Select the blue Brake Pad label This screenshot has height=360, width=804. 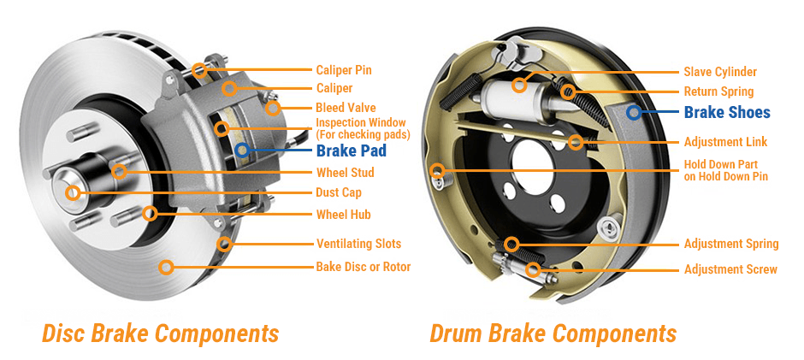351,151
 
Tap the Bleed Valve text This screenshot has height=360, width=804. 346,108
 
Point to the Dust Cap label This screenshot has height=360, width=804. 339,192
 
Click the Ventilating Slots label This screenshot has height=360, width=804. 358,244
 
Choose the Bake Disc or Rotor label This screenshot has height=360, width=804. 364,267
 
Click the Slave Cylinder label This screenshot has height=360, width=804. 720,72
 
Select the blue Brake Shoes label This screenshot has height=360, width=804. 727,112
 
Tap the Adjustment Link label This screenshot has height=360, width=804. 725,142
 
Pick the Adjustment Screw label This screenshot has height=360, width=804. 730,269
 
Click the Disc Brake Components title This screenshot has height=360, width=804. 160,333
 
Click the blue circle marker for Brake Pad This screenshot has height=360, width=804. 242,150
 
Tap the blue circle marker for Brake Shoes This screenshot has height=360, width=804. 634,112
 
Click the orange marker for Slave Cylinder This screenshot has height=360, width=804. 519,84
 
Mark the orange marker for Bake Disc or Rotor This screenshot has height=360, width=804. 167,267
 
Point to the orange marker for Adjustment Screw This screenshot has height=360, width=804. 535,270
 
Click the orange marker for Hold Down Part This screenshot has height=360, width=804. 438,170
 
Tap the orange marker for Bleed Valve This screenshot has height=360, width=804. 272,108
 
